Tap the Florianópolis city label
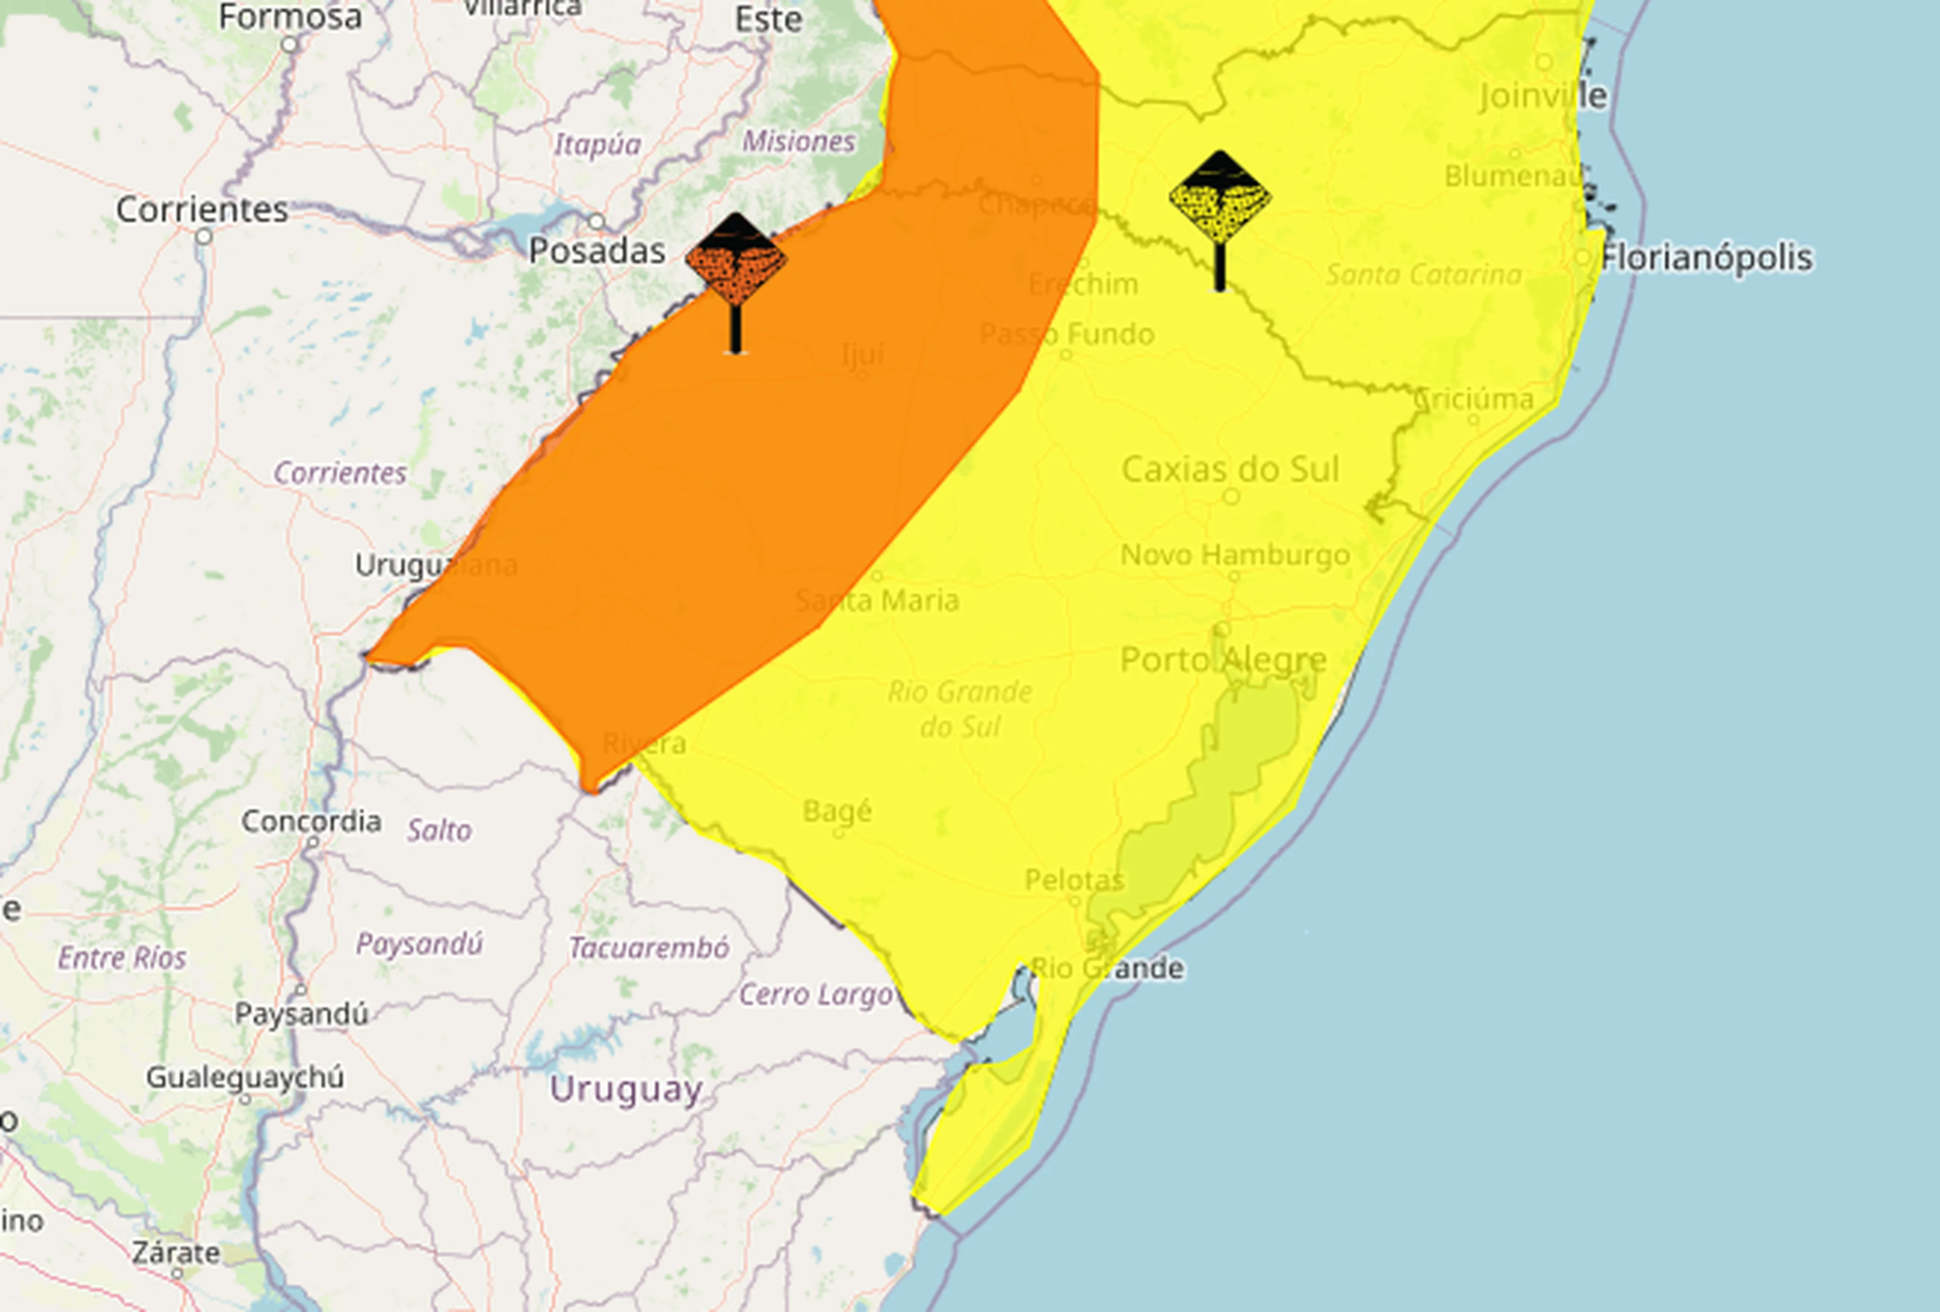[x=1706, y=257]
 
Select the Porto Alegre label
[x=1223, y=660]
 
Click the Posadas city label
[x=597, y=251]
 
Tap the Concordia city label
[x=311, y=821]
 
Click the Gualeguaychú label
[x=245, y=1077]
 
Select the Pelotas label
[x=1075, y=879]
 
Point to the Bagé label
[x=837, y=811]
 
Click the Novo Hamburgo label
[x=1235, y=555]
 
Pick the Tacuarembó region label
[x=649, y=948]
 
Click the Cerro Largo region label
[x=815, y=994]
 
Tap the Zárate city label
[x=176, y=1253]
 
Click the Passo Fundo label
[x=1066, y=334]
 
